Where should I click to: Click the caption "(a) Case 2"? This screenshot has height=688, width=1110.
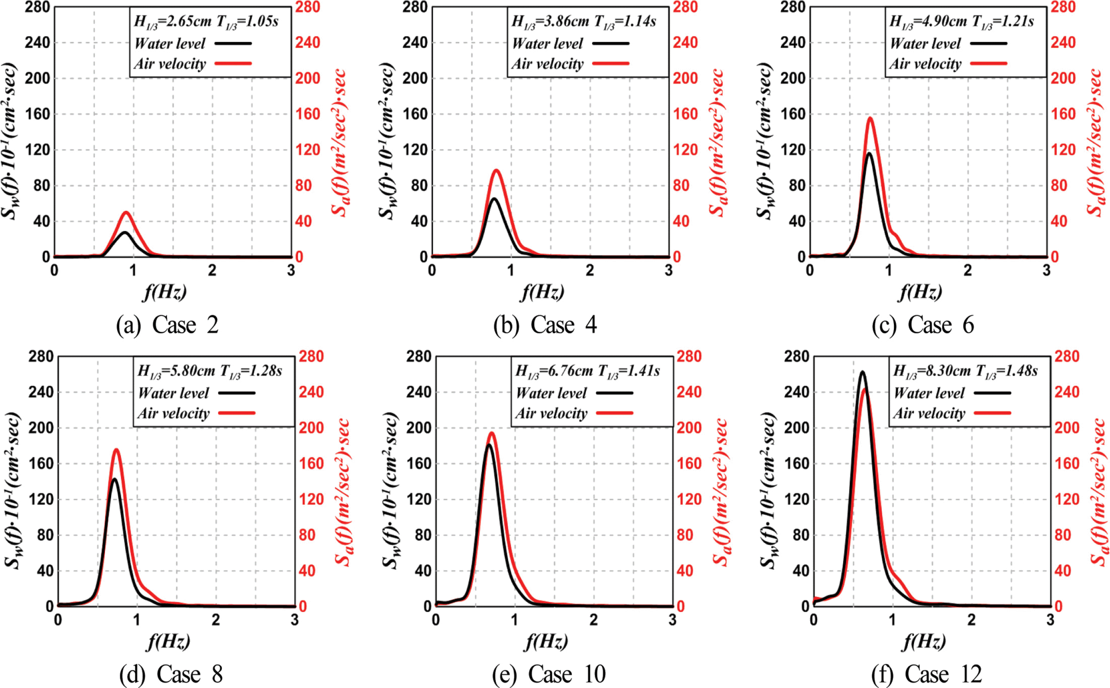(x=167, y=325)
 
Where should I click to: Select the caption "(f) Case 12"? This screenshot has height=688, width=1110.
(x=926, y=674)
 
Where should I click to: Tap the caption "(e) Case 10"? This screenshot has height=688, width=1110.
(x=549, y=674)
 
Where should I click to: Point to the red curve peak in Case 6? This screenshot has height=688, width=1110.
(x=870, y=118)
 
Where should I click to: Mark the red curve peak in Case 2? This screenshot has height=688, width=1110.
(x=126, y=212)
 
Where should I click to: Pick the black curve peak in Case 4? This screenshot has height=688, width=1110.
(x=494, y=198)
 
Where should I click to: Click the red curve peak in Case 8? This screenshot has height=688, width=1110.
(x=116, y=450)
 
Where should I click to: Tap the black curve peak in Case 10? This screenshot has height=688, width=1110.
(x=489, y=444)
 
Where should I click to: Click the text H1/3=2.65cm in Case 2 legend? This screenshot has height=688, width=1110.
(x=172, y=22)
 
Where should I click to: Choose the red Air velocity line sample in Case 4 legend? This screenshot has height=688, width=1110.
(x=611, y=63)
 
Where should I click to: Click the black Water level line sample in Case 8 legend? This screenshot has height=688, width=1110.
(x=237, y=393)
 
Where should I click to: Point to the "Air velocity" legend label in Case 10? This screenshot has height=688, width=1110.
(x=551, y=413)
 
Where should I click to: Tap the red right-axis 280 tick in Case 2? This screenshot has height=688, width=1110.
(x=307, y=7)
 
